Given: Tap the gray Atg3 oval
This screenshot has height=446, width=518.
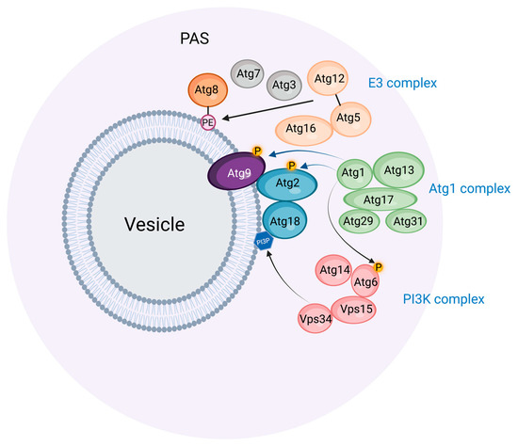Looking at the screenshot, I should pyautogui.click(x=285, y=85).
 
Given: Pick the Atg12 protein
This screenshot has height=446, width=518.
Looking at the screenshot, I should pyautogui.click(x=330, y=79).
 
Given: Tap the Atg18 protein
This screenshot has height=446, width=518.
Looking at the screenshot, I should pyautogui.click(x=286, y=222).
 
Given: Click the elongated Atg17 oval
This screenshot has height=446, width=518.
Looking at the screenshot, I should pyautogui.click(x=380, y=199).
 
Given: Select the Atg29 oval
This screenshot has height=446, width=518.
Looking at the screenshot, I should pyautogui.click(x=357, y=222).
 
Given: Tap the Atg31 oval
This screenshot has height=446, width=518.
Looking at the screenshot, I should pyautogui.click(x=407, y=222).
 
